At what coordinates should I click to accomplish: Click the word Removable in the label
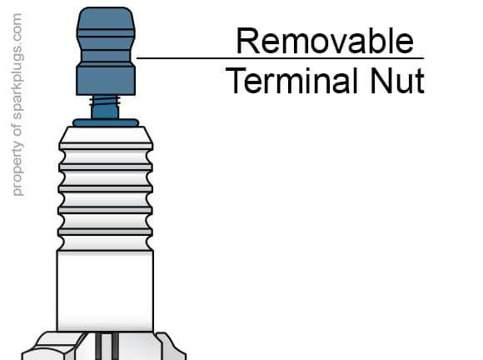point(325,41)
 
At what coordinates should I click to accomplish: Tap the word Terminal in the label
point(291,81)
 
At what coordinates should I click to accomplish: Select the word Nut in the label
point(397,81)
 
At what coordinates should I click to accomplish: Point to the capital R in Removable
point(248,41)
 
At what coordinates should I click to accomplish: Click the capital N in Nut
point(381,81)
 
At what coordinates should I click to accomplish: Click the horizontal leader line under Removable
point(280,58)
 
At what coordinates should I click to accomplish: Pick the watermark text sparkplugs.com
point(17,67)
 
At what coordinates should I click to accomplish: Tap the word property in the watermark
point(17,168)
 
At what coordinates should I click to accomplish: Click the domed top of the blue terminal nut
point(106,18)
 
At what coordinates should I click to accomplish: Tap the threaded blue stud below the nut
point(105,107)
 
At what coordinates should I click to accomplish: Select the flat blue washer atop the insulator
point(106,123)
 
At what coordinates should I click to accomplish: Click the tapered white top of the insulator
point(106,135)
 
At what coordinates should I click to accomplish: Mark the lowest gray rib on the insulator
point(106,232)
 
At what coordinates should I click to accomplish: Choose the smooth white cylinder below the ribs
point(105,291)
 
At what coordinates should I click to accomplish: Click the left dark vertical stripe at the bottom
point(98,346)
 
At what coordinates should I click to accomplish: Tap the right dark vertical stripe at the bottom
point(115,346)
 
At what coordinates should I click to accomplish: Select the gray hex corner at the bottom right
point(172,347)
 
